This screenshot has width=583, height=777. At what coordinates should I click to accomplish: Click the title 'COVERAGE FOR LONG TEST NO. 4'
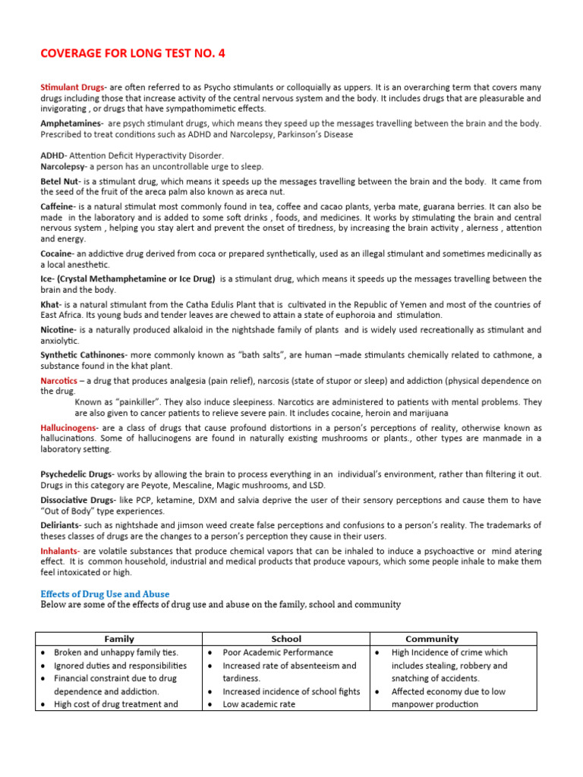(x=132, y=53)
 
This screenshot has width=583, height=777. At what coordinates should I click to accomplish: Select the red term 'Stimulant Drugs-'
(x=73, y=88)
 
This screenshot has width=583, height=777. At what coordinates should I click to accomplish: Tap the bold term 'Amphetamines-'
(x=71, y=123)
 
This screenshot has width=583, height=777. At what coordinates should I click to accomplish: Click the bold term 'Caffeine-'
(x=58, y=206)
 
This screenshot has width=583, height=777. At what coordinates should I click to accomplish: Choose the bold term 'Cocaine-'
(x=58, y=253)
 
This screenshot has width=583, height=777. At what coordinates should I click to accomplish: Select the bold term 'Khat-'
(x=50, y=304)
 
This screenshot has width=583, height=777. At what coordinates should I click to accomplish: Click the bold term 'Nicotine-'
(x=58, y=330)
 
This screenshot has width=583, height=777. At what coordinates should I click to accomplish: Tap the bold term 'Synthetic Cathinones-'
(x=84, y=355)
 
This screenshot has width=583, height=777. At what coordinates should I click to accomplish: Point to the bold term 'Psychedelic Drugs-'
(x=76, y=474)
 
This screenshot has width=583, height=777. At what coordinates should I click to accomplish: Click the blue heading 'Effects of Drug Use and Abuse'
(x=105, y=593)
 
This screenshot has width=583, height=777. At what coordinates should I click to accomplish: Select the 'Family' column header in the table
(x=119, y=639)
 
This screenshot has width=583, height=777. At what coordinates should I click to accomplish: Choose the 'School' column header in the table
(x=285, y=639)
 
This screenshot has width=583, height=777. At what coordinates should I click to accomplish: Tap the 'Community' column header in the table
(x=432, y=639)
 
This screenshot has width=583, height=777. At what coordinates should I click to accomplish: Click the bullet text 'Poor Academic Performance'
(x=278, y=653)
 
